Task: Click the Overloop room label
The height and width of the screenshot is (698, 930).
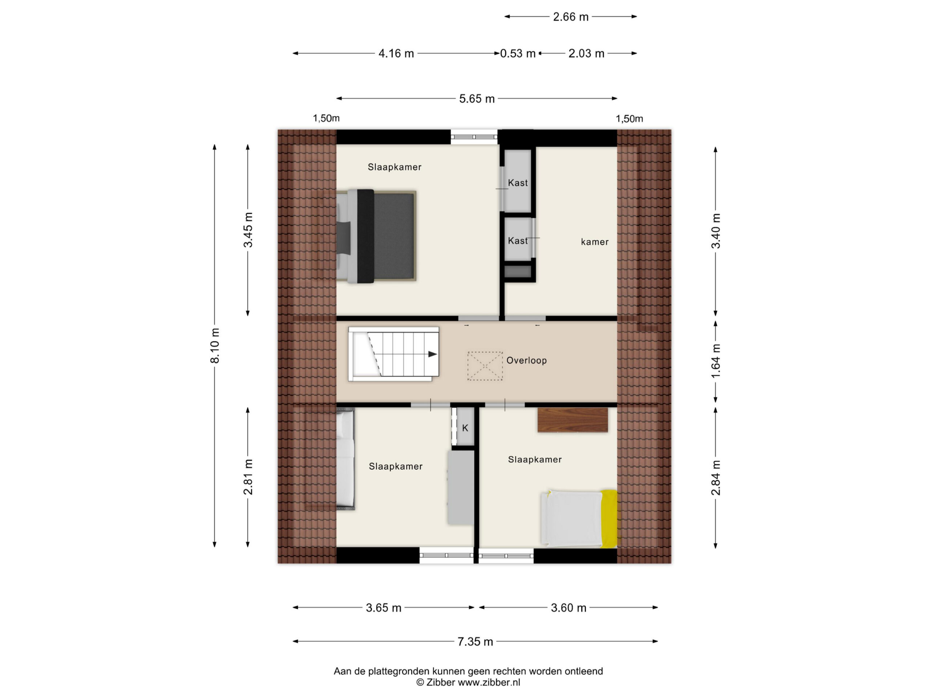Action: pos(526,361)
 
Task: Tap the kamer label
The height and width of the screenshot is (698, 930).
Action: pos(594,242)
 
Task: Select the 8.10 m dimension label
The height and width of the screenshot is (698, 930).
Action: pos(215,345)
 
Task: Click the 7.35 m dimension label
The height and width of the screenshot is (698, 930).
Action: pos(475,642)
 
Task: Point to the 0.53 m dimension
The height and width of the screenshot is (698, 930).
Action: pos(518,53)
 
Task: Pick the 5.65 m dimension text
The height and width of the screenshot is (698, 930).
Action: pos(477,99)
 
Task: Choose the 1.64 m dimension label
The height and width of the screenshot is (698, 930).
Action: pos(716,361)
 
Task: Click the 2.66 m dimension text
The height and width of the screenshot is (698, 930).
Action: pos(570,17)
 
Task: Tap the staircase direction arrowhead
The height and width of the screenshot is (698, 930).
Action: pos(433,354)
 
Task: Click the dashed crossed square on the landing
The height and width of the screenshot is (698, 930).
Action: pos(485,366)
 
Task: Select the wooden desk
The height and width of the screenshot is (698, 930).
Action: pos(573,420)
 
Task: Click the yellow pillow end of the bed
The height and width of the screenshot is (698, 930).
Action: pos(610,519)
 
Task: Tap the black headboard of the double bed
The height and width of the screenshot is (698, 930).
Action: pos(365,236)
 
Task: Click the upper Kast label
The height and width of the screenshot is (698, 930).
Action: pos(518,183)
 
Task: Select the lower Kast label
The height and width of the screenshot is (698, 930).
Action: pos(518,241)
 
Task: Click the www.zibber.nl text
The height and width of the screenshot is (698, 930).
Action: pos(489,682)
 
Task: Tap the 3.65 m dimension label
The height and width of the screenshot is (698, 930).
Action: pos(383,608)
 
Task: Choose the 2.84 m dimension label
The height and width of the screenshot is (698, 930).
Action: pos(716,478)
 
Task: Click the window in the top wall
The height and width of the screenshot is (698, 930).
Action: pos(474,137)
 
